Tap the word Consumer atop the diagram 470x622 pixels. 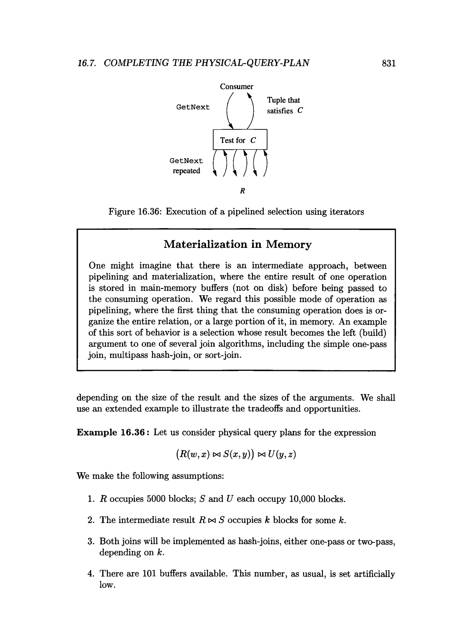(x=236, y=86)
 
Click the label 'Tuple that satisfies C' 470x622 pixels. (x=284, y=105)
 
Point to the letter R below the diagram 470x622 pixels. (x=242, y=191)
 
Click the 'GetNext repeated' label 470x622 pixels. (x=186, y=166)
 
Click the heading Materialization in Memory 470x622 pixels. (x=237, y=244)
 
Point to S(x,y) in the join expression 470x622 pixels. (x=238, y=454)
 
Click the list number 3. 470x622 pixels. (x=90, y=541)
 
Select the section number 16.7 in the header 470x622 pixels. (x=87, y=63)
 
